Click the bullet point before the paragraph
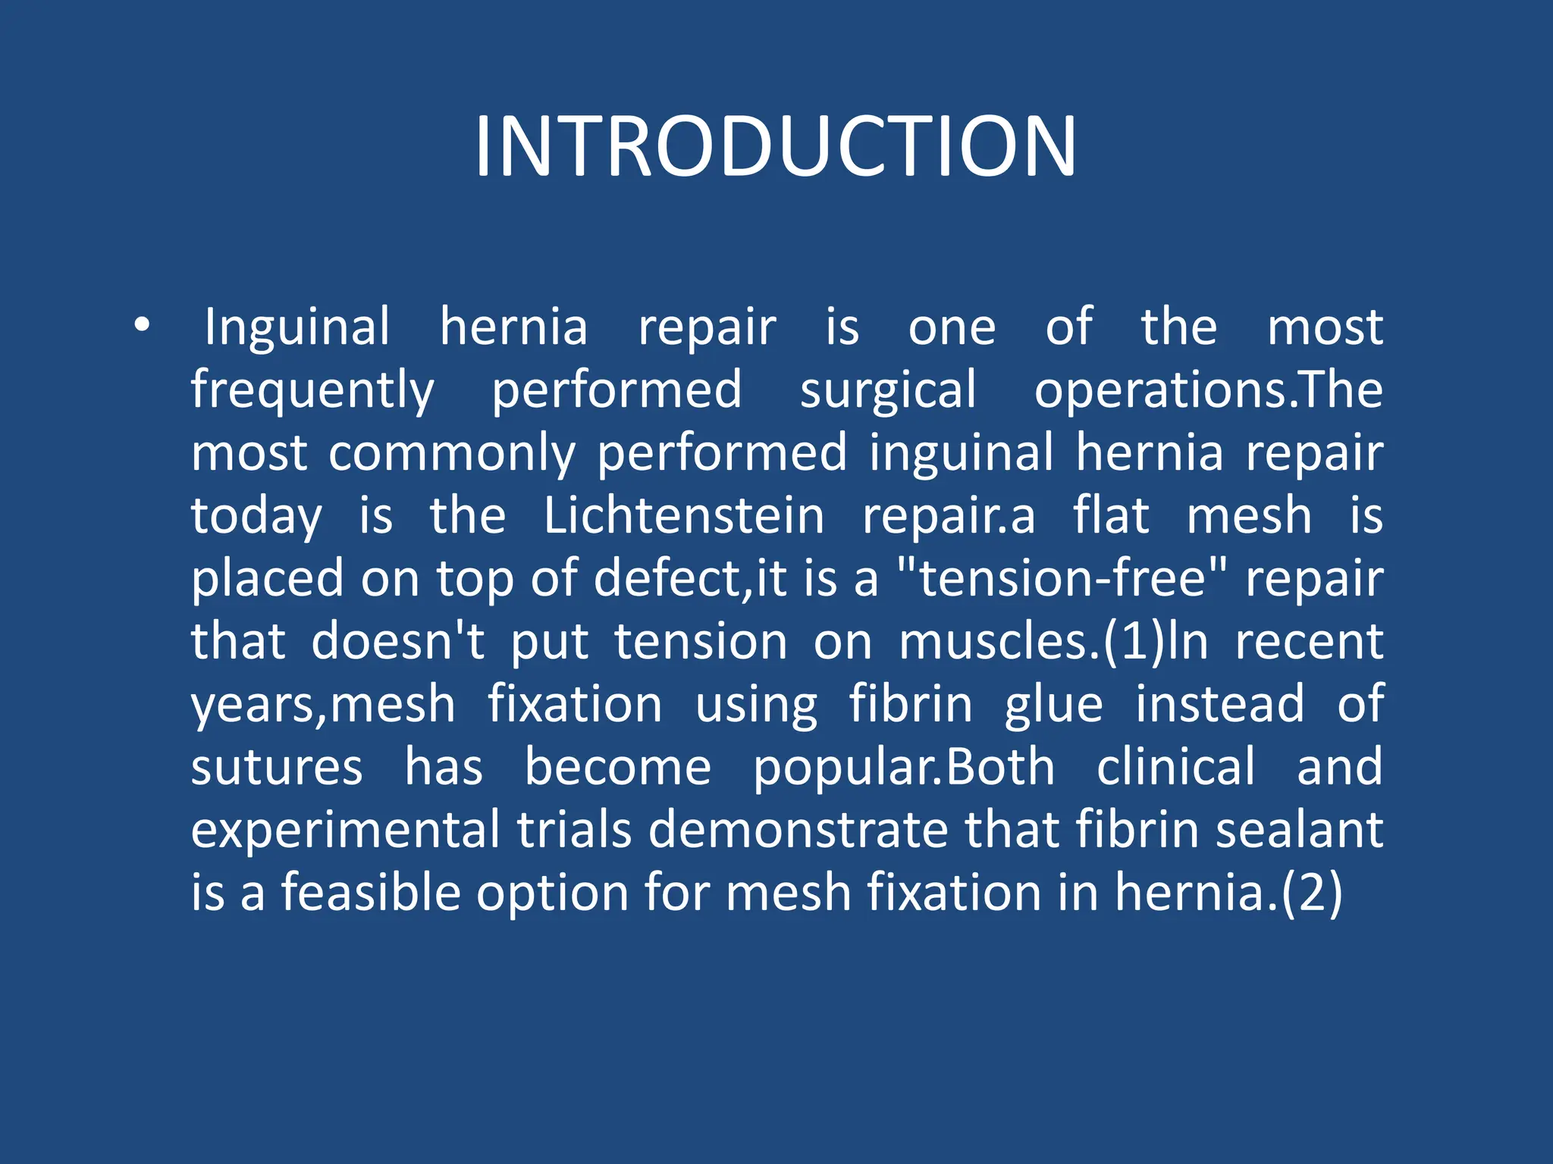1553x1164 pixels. point(141,327)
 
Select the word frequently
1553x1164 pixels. point(312,391)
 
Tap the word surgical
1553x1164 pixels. point(888,391)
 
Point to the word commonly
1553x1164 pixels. point(452,454)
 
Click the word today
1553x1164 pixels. point(256,517)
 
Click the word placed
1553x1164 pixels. point(266,580)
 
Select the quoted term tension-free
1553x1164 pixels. point(1062,578)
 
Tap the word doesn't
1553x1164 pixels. point(398,641)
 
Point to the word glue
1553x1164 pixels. point(1053,706)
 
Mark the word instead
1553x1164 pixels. point(1219,704)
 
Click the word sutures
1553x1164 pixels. point(277,767)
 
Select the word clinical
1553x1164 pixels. point(1176,767)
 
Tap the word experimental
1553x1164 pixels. point(345,830)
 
